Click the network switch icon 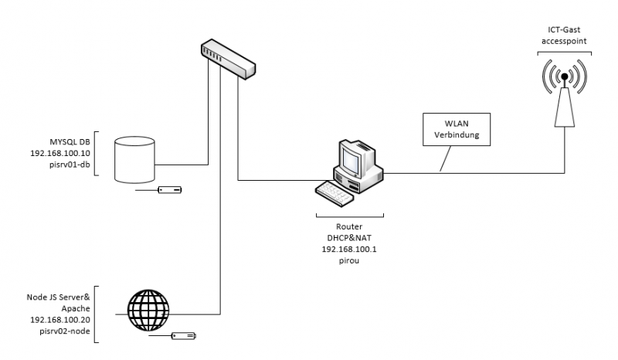pyautogui.click(x=226, y=59)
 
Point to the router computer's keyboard pyautogui.click(x=334, y=192)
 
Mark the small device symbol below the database pyautogui.click(x=168, y=188)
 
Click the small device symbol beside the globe pyautogui.click(x=183, y=335)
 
